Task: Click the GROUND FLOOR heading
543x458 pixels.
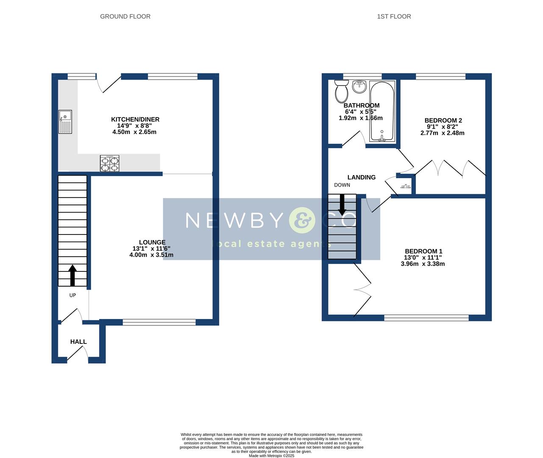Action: coord(125,17)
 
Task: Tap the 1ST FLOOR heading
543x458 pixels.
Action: coord(394,17)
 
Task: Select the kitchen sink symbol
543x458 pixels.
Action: coord(65,122)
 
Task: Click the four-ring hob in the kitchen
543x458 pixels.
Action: coord(109,163)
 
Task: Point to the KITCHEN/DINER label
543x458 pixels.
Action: coord(135,120)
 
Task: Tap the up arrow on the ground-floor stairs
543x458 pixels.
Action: coord(72,275)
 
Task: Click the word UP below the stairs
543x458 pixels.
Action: coord(72,295)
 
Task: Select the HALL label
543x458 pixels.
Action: coord(78,342)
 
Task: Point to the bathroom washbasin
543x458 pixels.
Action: coord(359,87)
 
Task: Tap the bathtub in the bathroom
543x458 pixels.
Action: coord(382,112)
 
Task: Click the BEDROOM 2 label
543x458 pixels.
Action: coord(443,120)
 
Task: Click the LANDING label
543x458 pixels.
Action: coord(361,177)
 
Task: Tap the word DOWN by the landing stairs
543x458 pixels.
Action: coord(342,185)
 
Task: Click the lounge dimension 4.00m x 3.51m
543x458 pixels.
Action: coord(151,255)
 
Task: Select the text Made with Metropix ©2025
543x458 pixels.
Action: coord(271,456)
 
